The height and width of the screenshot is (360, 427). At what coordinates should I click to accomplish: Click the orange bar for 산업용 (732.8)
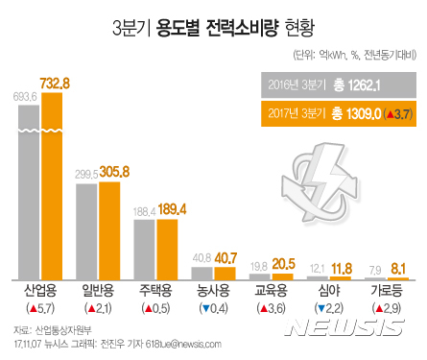tap(52, 182)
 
